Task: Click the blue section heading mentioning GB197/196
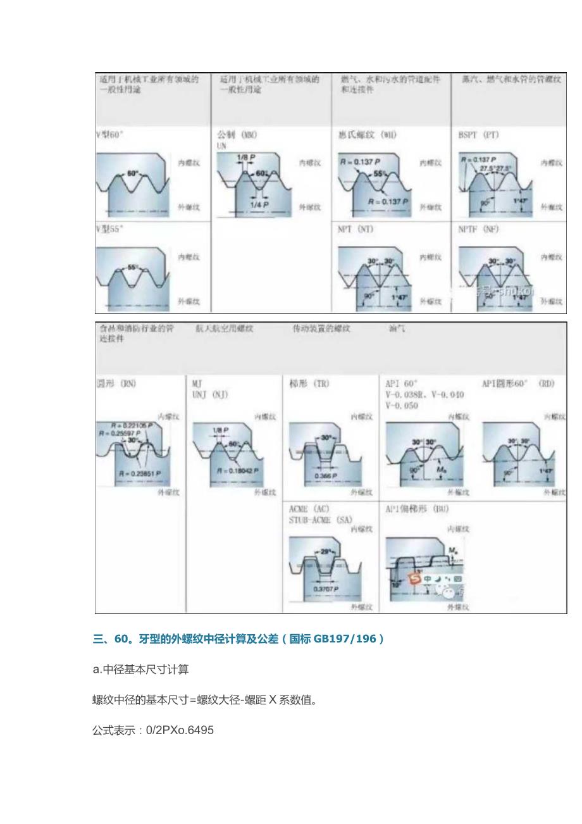(x=238, y=639)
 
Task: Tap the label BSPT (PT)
(x=478, y=135)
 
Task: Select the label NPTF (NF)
(x=478, y=229)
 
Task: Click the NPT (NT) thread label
(x=356, y=229)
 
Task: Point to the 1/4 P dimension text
(x=257, y=204)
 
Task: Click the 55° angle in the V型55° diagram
(x=132, y=267)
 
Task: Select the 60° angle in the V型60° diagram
(x=132, y=173)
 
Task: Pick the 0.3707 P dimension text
(x=326, y=589)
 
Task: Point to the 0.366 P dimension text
(x=326, y=475)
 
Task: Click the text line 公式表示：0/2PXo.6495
(x=153, y=730)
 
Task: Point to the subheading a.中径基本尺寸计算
(x=140, y=670)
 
